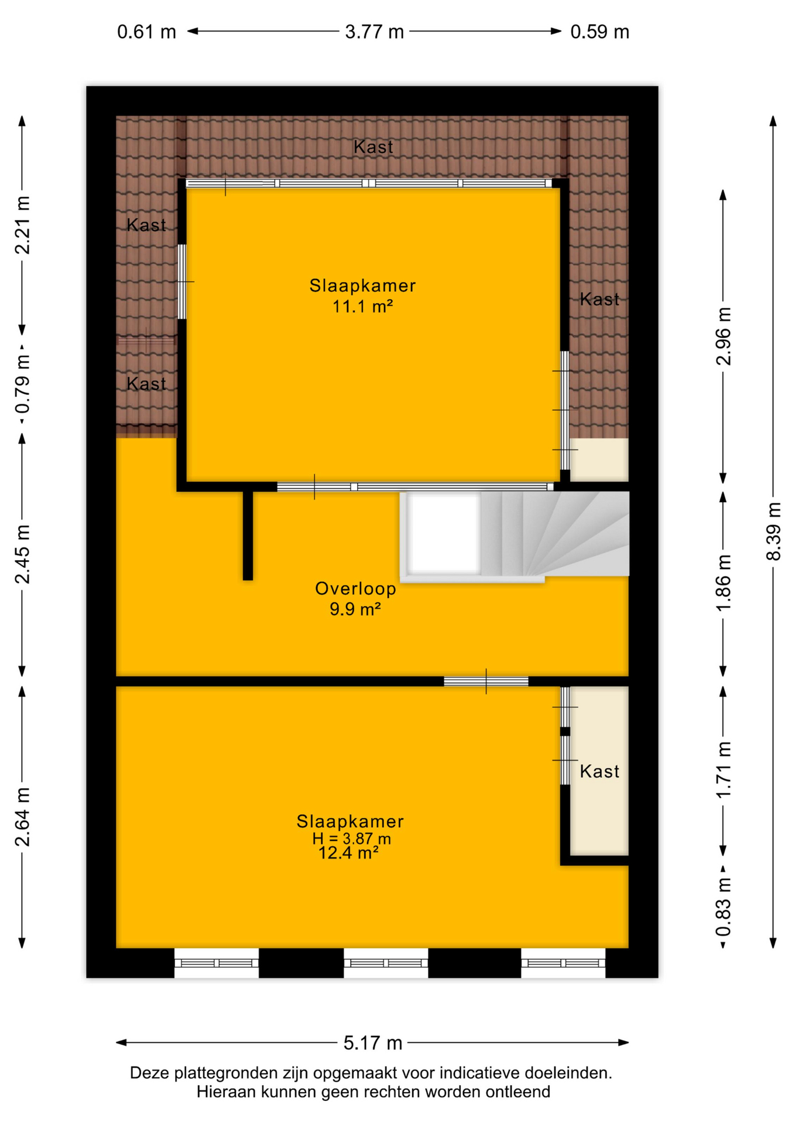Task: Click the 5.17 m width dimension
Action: pos(372,1042)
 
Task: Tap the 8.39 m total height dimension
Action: pos(773,531)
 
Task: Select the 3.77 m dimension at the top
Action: pos(374,31)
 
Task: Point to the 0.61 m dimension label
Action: pos(146,32)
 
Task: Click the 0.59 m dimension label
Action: pos(599,32)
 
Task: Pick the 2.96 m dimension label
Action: pos(724,336)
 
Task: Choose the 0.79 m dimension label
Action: pos(22,384)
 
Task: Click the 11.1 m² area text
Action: pos(362,306)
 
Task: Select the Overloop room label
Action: pos(355,588)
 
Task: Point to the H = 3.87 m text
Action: pos(351,838)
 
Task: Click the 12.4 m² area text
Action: pos(348,853)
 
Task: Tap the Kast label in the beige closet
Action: pos(599,771)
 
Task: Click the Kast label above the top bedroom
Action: pos(373,146)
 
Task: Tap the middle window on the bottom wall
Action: pos(386,963)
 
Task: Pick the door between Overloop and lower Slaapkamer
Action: pos(486,681)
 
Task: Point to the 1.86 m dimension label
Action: pos(724,583)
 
